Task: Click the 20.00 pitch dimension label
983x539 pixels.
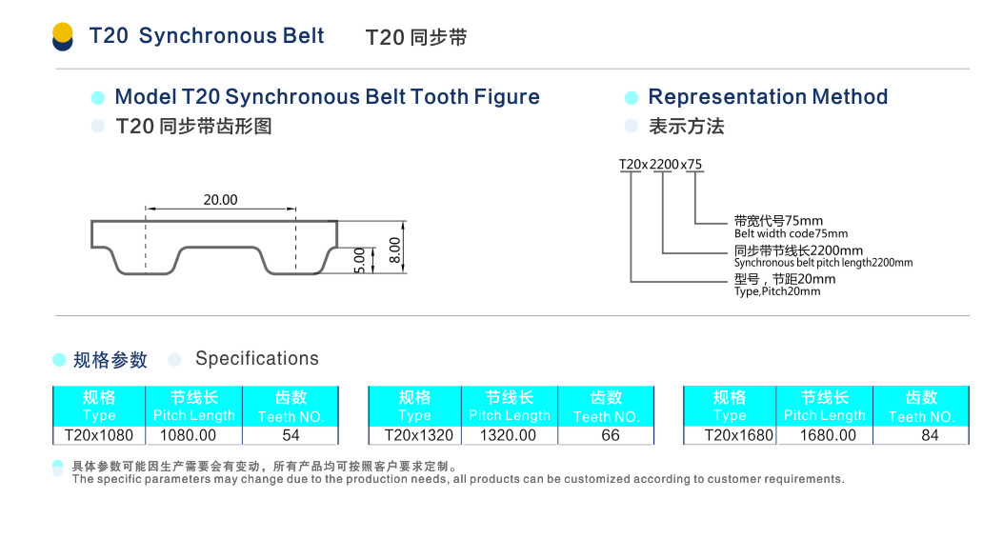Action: coord(220,200)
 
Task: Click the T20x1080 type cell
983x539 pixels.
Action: coord(99,435)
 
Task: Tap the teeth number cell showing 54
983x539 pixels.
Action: coord(291,435)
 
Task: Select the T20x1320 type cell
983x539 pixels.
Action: coord(414,435)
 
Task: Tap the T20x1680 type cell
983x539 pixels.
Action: coord(730,435)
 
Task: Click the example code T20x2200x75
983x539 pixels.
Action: coord(661,165)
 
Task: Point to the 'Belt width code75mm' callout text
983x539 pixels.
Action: coord(791,233)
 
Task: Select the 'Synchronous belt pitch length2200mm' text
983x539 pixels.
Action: coord(823,263)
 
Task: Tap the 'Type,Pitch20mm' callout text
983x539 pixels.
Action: coord(777,291)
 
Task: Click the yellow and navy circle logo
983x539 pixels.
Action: coord(63,37)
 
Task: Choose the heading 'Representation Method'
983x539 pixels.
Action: coord(768,97)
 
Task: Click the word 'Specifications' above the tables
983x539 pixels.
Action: coord(257,359)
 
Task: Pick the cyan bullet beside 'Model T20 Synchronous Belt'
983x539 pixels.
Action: coord(97,98)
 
